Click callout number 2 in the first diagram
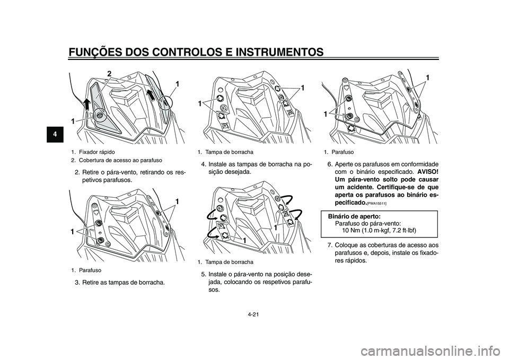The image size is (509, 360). click(109, 73)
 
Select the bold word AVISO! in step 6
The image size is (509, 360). click(423, 172)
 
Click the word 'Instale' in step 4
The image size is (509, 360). click(219, 164)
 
